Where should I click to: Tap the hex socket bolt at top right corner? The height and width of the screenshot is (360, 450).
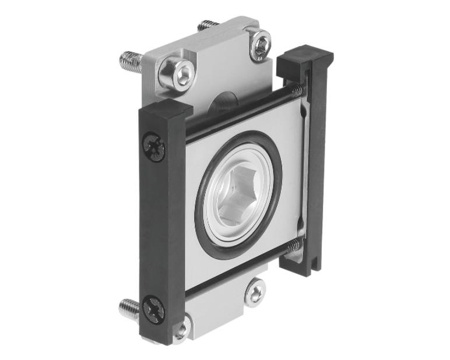coord(261,45)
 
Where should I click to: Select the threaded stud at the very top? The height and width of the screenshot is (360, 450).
coord(208,26)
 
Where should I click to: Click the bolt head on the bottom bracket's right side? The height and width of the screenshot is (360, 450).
coord(254,291)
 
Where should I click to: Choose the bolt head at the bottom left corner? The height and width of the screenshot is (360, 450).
coord(181,330)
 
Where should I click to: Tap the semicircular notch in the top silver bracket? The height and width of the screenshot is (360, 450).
coord(222,105)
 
